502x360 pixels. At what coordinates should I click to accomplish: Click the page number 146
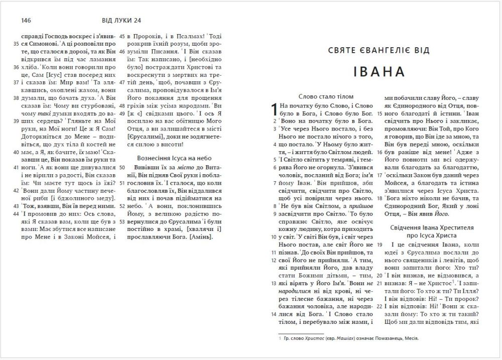(x=27, y=20)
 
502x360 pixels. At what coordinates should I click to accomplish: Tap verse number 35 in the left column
(x=16, y=44)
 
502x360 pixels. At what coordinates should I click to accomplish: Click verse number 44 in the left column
(x=16, y=213)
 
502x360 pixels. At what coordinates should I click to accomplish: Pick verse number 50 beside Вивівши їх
(x=122, y=168)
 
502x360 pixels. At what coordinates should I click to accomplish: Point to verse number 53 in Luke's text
(x=122, y=221)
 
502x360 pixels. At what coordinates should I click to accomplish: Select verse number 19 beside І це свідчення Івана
(x=380, y=244)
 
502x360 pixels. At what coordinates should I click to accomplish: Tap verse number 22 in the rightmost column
(x=380, y=306)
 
